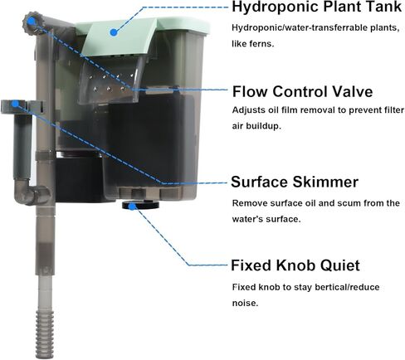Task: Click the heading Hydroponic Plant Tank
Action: click(316, 7)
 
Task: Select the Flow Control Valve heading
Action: click(302, 91)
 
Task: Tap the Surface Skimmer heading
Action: click(295, 182)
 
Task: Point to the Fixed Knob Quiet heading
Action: click(295, 265)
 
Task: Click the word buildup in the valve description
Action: click(263, 126)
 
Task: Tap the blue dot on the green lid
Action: click(114, 32)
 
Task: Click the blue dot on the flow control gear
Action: click(31, 21)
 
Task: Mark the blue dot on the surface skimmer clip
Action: click(16, 104)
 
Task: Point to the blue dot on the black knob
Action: click(133, 206)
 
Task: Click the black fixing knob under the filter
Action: click(140, 205)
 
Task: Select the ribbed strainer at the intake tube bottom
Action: click(43, 334)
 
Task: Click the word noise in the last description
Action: click(245, 303)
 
